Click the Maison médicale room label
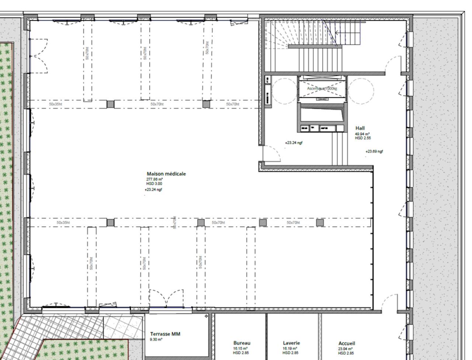[166, 174]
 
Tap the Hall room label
[360, 128]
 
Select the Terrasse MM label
[165, 334]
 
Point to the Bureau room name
[242, 343]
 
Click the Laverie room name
[291, 343]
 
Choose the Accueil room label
[347, 343]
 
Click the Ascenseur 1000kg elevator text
[322, 89]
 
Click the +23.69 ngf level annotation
[374, 152]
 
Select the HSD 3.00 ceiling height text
[154, 184]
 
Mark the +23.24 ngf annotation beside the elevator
[294, 143]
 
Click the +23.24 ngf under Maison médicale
[153, 190]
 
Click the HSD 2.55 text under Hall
[363, 138]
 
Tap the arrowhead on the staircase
[336, 33]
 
